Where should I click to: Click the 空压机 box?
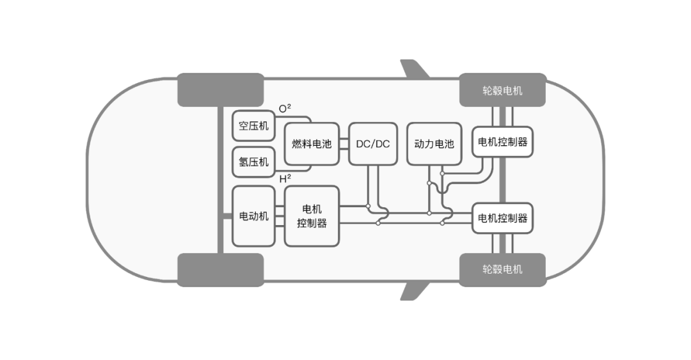tap(253, 125)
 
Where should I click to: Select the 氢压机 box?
tap(253, 162)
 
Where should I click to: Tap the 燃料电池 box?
tap(312, 144)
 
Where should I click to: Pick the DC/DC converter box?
tap(372, 144)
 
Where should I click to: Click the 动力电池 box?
tap(434, 144)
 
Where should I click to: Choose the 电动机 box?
tap(253, 216)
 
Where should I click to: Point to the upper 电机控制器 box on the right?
tap(502, 142)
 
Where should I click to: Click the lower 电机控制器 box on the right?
tap(502, 218)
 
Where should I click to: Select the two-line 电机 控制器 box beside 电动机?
tap(312, 216)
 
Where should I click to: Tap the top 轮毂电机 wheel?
tap(502, 90)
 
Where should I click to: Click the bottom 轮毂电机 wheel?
tap(502, 269)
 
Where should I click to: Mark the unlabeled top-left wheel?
tap(220, 90)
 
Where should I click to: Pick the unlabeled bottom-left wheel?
tap(220, 269)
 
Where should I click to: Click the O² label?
tap(285, 109)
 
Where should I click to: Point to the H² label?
tap(285, 179)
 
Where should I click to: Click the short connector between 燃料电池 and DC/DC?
tap(344, 144)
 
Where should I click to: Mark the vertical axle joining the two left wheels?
tap(220, 180)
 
